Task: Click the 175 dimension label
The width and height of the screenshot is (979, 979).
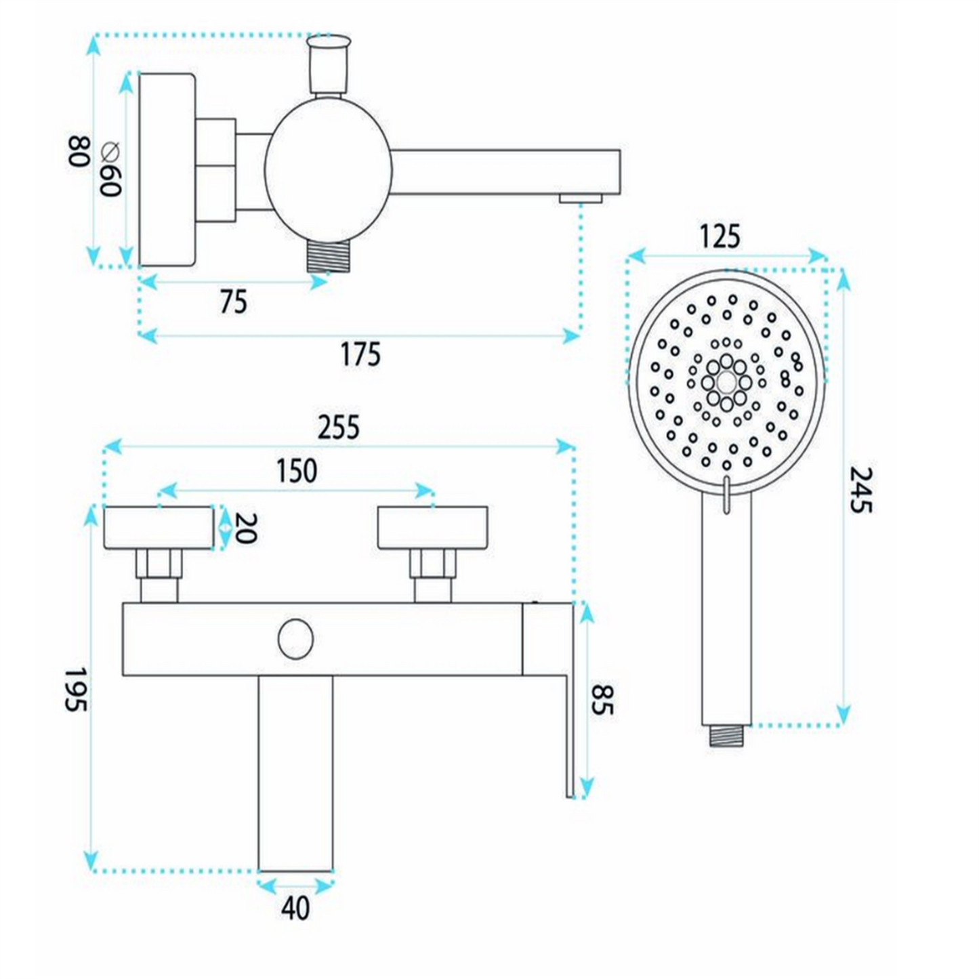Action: [x=360, y=354]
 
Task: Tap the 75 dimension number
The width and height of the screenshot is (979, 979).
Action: [x=234, y=301]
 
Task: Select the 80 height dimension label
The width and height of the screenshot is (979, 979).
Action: [x=79, y=151]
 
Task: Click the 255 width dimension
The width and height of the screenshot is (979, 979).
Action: [x=339, y=428]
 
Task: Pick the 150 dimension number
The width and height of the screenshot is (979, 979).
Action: [x=297, y=470]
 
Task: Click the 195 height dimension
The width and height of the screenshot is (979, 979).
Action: [x=76, y=690]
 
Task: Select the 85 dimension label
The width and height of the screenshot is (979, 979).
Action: [x=603, y=700]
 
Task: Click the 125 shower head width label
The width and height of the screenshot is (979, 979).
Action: [x=720, y=236]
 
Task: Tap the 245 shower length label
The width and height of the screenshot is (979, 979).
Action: [x=860, y=491]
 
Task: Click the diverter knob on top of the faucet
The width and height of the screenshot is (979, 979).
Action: [x=329, y=64]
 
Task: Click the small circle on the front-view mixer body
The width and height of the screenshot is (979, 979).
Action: [x=295, y=640]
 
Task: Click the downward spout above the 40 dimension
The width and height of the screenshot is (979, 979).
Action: [x=295, y=773]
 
